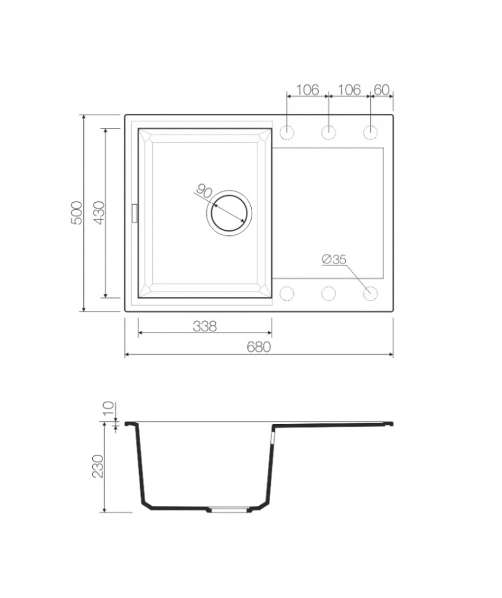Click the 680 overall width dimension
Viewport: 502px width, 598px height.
259,347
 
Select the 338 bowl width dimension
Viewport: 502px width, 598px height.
205,326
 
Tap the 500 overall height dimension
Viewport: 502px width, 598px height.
76,213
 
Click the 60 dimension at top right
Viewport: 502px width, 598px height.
382,90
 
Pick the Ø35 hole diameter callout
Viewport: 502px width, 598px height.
334,259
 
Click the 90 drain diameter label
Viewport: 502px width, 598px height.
204,191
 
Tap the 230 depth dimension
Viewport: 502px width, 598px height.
98,466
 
